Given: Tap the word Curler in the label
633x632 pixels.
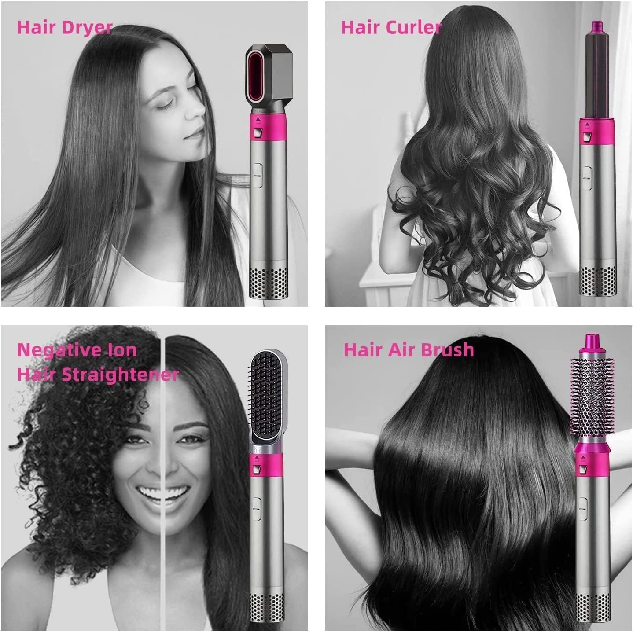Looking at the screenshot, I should (416, 27).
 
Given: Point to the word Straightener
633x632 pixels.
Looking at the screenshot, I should (120, 375).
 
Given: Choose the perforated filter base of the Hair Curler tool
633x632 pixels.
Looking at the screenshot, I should (597, 280).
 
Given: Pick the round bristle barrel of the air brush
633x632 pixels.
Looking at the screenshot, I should (591, 396).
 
